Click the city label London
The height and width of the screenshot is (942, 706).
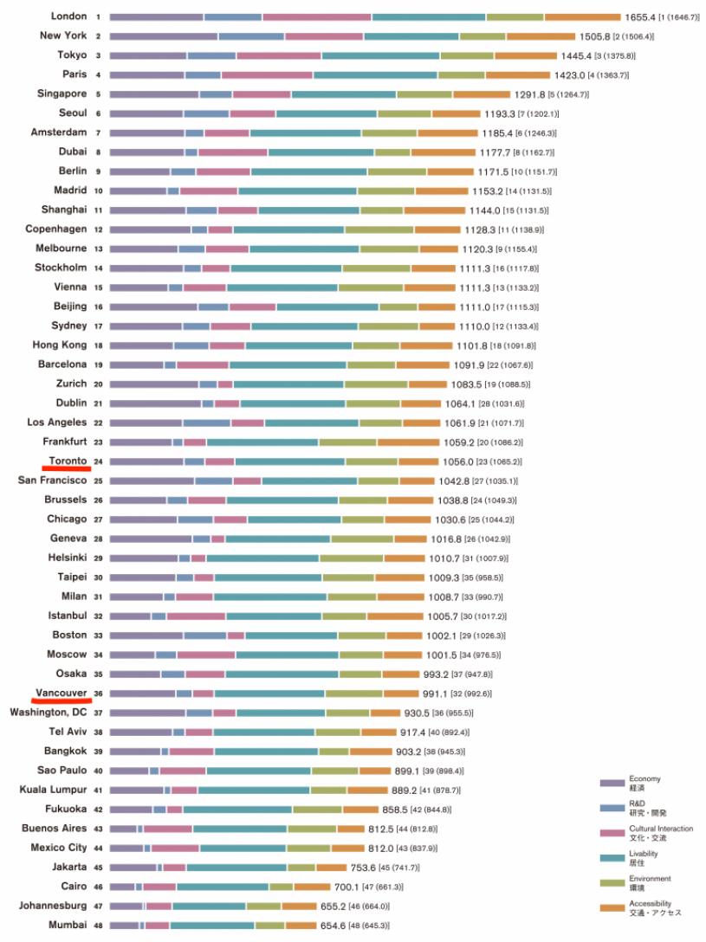68,16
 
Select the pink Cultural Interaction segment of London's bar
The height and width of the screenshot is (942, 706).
317,16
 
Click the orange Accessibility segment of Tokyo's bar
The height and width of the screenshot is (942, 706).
525,55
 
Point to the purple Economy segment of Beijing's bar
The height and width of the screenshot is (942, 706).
153,306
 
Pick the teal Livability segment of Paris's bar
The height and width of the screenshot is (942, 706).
374,75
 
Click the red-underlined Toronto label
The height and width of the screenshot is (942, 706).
68,461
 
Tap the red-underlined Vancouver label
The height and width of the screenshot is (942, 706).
61,694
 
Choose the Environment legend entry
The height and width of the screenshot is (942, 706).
650,882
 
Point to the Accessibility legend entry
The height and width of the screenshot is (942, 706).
654,907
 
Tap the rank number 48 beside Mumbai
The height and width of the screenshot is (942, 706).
98,926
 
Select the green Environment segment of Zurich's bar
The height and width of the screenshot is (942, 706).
375,384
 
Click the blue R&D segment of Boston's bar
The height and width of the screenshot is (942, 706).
205,636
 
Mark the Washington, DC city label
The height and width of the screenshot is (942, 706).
49,713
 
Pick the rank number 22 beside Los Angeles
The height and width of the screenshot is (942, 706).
98,423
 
